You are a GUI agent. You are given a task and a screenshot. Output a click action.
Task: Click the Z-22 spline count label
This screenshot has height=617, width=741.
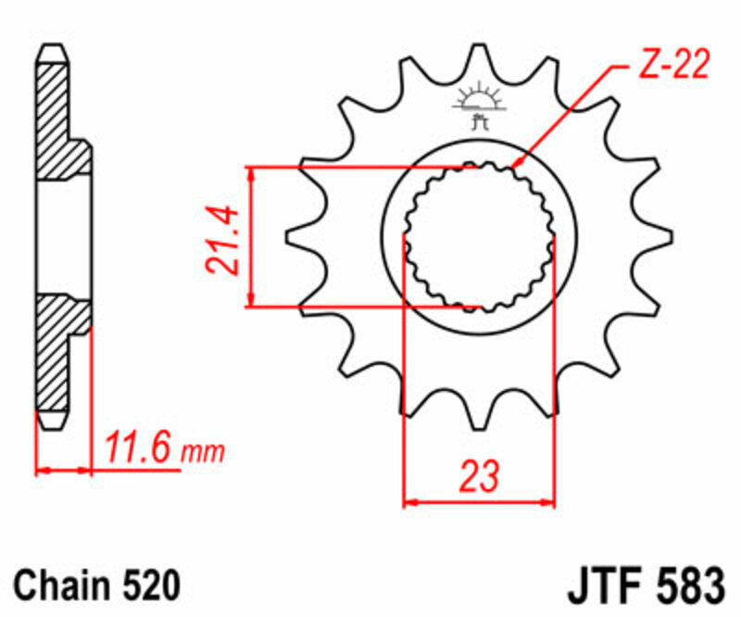tap(673, 66)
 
